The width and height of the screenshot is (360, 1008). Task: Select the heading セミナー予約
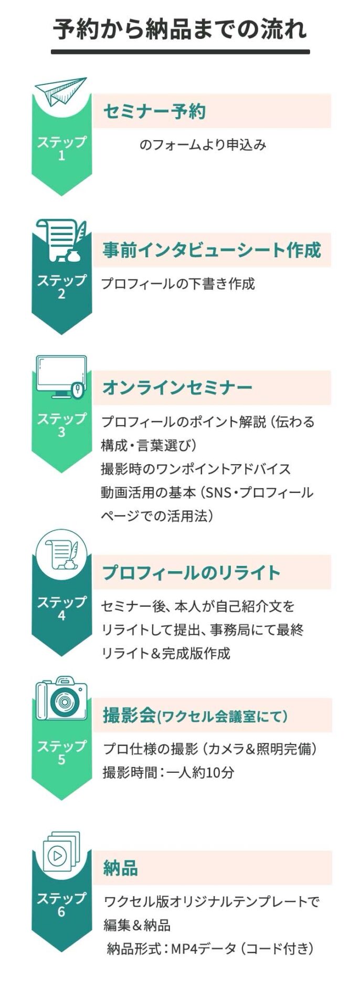pos(154,111)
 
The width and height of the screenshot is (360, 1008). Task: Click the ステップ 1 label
pos(61,149)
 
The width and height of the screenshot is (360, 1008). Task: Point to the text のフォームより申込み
pos(203,145)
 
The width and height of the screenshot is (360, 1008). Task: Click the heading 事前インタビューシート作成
pos(211,250)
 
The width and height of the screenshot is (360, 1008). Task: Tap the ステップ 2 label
pos(61,287)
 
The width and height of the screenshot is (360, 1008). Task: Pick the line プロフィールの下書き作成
pos(178,284)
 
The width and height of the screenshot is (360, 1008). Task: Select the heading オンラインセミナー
pos(177,388)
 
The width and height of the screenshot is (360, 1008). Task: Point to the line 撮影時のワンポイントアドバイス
pos(196,469)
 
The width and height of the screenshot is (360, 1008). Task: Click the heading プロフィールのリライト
pos(192,572)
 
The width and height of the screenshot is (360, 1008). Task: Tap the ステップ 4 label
pos(61,608)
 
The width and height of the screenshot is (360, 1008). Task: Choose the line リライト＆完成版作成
pos(166,654)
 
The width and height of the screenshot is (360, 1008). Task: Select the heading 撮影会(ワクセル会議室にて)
pos(195,716)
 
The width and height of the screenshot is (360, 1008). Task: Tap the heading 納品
pos(120,869)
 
